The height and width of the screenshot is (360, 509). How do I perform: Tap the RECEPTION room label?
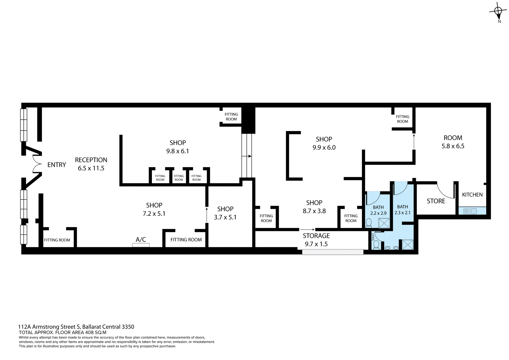[x=91, y=160]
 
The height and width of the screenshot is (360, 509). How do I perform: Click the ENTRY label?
[x=56, y=165]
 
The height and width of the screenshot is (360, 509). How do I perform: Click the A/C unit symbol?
[x=141, y=245]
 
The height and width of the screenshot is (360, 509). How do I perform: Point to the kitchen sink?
[x=470, y=211]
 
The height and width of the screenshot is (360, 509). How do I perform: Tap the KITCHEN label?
[x=472, y=195]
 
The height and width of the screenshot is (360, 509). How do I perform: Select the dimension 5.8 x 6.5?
[x=453, y=146]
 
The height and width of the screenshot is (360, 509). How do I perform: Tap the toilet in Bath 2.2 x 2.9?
[x=368, y=223]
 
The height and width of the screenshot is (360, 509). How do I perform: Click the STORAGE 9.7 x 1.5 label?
[x=316, y=240]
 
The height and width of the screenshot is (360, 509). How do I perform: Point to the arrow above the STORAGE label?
[x=307, y=230]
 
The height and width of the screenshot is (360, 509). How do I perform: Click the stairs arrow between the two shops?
[x=247, y=156]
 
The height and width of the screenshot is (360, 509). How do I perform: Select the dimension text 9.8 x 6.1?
[x=177, y=151]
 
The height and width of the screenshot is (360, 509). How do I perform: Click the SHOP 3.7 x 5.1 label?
[x=225, y=213]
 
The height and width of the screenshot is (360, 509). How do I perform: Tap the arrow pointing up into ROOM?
[x=414, y=142]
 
